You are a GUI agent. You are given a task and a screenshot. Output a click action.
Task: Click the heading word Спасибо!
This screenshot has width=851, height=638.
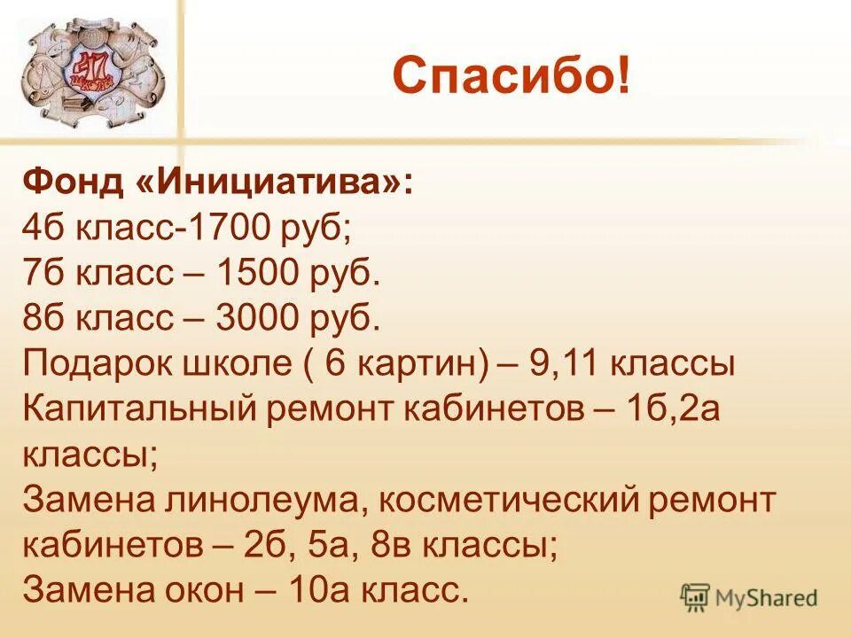click(512, 75)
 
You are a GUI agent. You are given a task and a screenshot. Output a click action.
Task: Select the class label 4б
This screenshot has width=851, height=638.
click(41, 230)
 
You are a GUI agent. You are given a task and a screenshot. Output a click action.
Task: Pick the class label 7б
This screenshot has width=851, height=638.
click(41, 276)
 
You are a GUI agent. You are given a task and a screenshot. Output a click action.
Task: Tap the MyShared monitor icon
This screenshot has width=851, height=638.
click(696, 597)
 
